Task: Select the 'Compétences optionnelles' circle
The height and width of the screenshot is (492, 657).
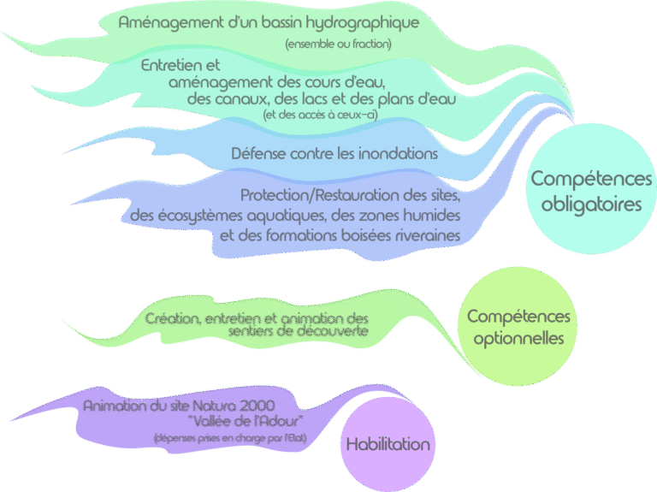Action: tap(518, 328)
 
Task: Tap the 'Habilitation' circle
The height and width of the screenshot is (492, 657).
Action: tap(388, 444)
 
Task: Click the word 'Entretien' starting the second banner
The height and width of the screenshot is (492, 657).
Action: tap(169, 65)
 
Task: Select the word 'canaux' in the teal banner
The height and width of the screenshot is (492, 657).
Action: tap(242, 99)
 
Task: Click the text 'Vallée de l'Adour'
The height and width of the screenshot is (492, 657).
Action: tap(245, 421)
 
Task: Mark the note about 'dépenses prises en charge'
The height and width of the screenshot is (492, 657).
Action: tap(229, 438)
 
